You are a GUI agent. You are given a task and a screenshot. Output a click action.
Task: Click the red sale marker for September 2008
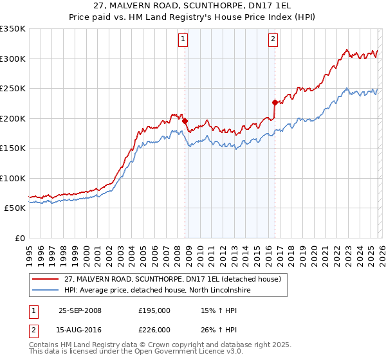pos(185,121)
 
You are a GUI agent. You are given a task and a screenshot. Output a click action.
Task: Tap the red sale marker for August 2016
pos(275,102)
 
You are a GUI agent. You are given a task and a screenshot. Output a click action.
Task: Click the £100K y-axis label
pos(13,179)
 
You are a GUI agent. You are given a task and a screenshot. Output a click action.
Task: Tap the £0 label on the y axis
pos(19,239)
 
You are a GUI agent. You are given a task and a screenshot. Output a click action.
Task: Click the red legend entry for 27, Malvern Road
pos(172,280)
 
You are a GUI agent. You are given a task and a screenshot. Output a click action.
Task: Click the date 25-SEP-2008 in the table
pos(80,310)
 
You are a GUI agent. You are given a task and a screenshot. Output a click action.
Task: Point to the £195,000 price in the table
pos(154,310)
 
